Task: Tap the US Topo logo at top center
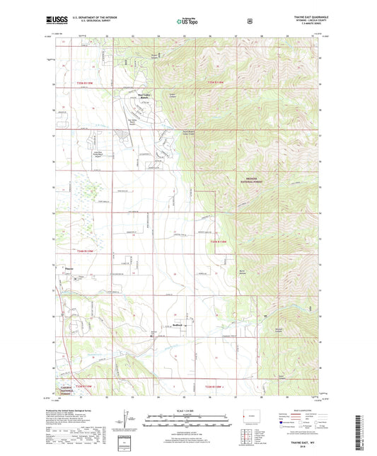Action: (187, 21)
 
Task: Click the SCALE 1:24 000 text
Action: (187, 410)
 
